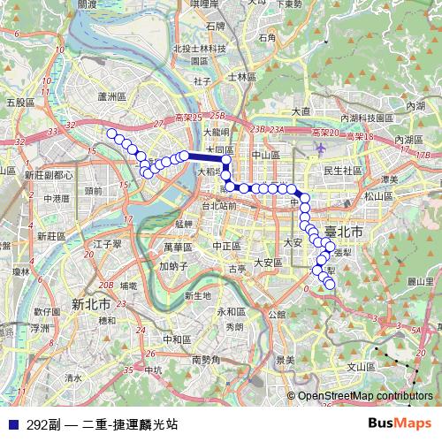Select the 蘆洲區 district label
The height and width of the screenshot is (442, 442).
coord(115,95)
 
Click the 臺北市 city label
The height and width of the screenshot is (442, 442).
coord(346,232)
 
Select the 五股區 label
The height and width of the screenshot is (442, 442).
coord(19,103)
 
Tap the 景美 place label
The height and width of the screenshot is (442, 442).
coord(285,359)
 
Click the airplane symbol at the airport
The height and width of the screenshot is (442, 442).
coord(317,148)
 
